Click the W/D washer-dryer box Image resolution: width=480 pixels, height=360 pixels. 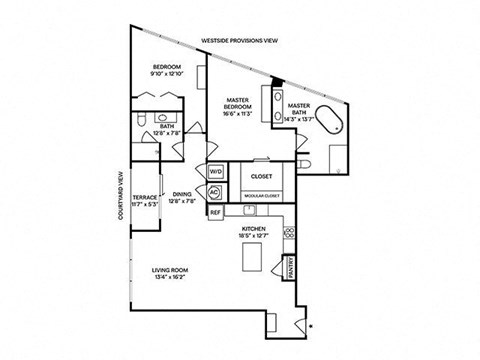(215, 171)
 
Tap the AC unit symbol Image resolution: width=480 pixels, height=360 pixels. (214, 190)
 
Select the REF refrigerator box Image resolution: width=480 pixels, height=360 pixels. (214, 212)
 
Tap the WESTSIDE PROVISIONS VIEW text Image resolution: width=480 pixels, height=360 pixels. (239, 41)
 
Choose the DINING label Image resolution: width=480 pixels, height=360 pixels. (182, 195)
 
